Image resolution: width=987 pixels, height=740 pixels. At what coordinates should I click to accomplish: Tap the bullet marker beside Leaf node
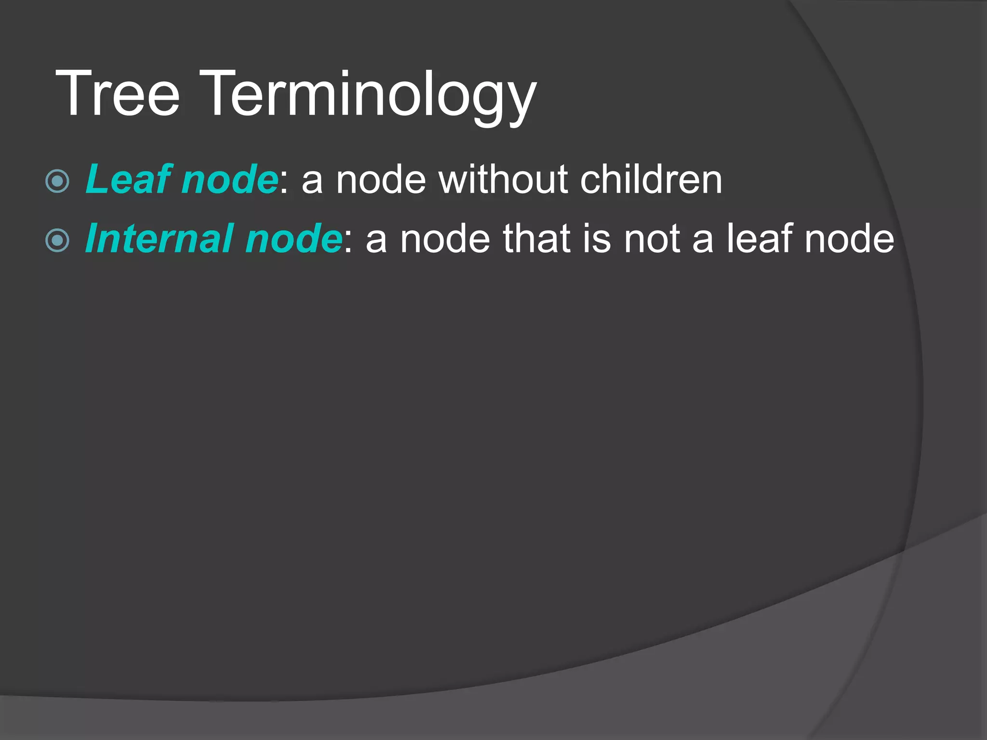click(58, 181)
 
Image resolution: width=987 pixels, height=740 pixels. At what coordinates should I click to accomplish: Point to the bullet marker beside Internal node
click(58, 240)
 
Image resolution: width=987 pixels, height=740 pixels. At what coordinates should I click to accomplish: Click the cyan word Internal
click(160, 238)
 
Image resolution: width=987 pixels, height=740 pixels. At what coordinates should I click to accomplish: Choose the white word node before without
click(381, 180)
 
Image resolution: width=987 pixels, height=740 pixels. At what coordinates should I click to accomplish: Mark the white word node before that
click(445, 239)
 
